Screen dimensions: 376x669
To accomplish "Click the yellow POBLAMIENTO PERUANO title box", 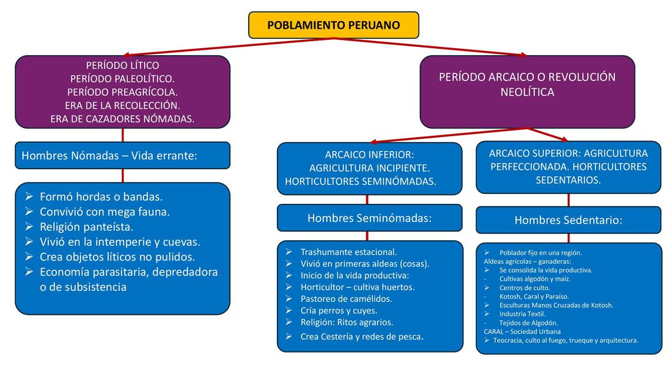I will [x=333, y=25].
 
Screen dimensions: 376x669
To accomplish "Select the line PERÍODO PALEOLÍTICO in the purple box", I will [x=122, y=79].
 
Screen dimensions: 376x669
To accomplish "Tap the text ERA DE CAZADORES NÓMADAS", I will [x=122, y=119].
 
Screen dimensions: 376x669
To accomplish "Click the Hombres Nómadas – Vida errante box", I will [x=122, y=156].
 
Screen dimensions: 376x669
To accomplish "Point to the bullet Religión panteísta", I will [x=86, y=227].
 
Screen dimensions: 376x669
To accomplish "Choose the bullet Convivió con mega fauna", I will [x=105, y=211].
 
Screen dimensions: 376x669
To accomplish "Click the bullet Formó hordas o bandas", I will [x=101, y=197].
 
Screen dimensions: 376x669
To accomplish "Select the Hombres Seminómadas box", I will [x=369, y=218].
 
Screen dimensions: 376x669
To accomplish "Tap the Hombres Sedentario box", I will [x=568, y=220].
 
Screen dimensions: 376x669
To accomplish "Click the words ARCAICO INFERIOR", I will [x=369, y=155].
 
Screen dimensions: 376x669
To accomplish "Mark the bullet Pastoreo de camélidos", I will [x=346, y=299].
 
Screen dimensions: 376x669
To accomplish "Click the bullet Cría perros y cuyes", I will [x=339, y=311].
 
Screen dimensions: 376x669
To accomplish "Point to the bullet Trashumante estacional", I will [x=349, y=252].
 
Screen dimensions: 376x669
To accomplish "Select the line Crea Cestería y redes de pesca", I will [x=361, y=337].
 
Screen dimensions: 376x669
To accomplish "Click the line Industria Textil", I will [x=522, y=314].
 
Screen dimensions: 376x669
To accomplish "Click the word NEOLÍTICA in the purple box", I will [x=527, y=92].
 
